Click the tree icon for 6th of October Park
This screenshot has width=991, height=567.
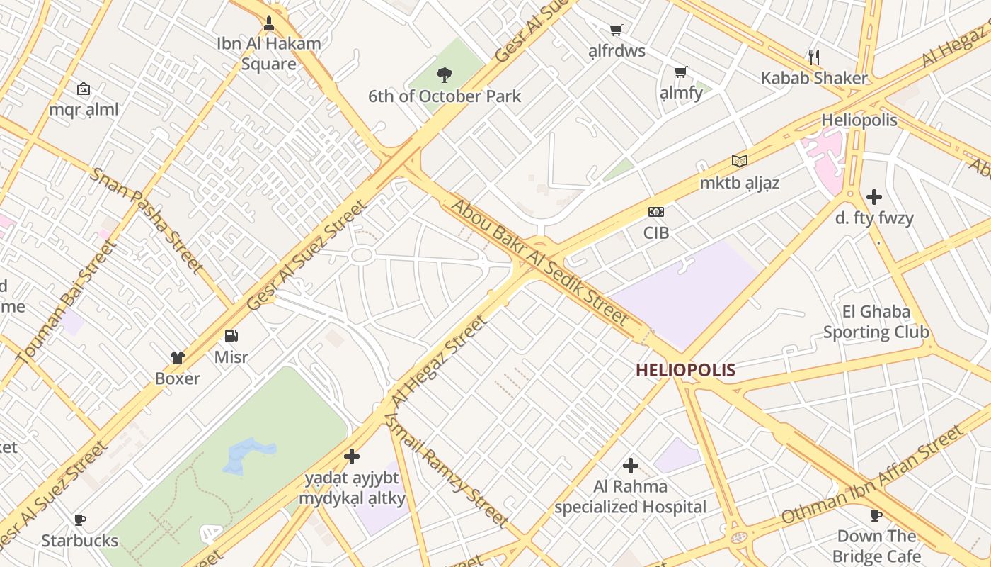[x=445, y=74]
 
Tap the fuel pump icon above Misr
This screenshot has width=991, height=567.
[x=231, y=336]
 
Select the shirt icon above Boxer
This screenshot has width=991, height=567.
[x=177, y=358]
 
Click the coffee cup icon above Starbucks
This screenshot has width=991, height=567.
[x=80, y=520]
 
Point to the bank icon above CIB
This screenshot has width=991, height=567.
[x=656, y=212]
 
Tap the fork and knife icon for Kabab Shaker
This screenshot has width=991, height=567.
[x=814, y=57]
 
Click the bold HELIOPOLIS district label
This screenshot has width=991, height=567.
[x=685, y=370]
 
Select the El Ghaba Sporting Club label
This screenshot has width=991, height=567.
[x=876, y=322]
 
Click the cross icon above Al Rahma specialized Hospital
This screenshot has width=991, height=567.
[x=630, y=466]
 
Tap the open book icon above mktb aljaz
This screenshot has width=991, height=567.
[x=740, y=162]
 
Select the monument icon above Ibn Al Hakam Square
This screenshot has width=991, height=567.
[x=268, y=23]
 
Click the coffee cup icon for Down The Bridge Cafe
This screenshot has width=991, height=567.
[x=876, y=515]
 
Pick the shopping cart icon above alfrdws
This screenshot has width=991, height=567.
[x=616, y=30]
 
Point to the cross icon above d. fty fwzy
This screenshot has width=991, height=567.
[x=874, y=197]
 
